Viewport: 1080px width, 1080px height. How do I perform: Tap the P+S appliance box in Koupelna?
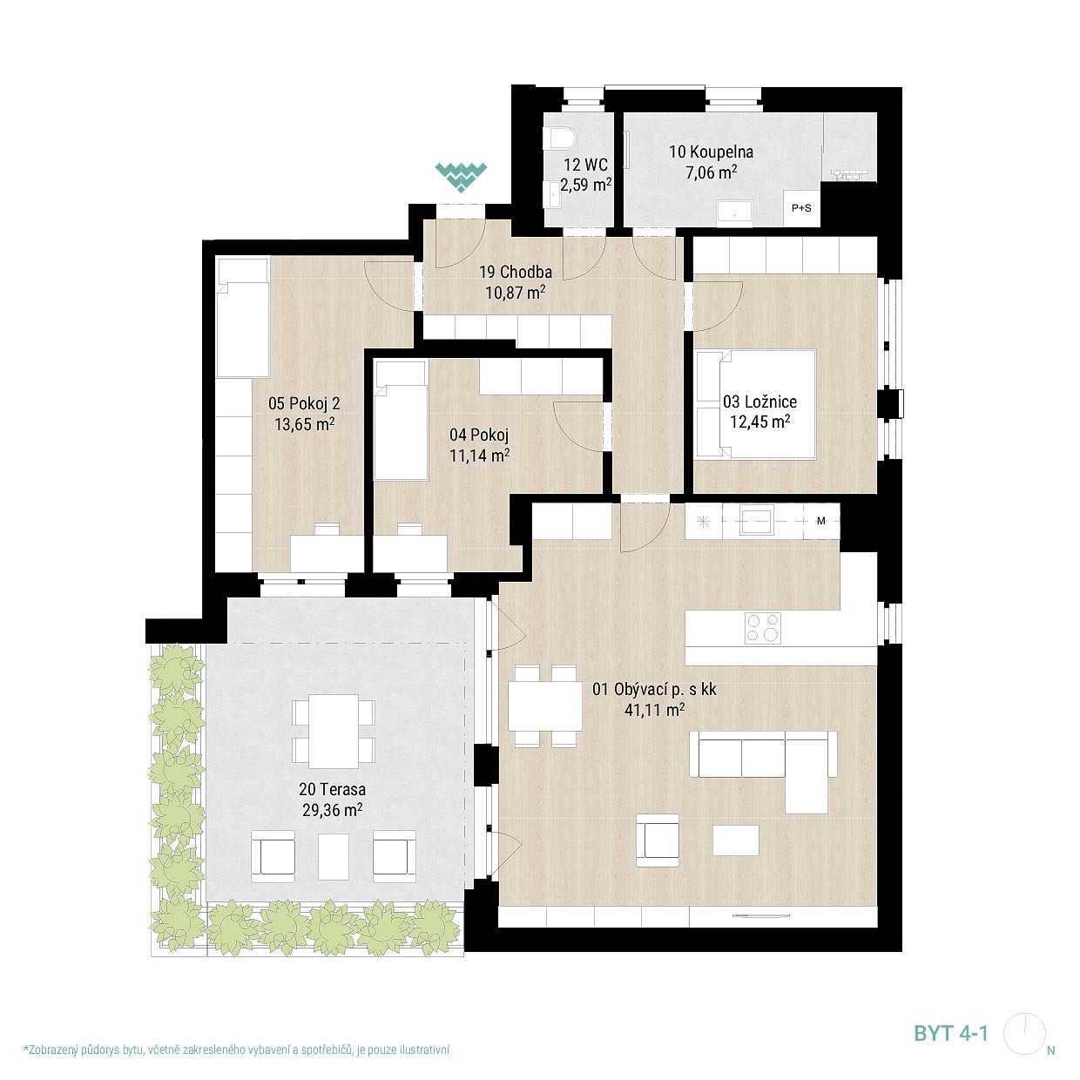coord(801,208)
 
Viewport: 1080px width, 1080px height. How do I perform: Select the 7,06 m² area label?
coord(712,172)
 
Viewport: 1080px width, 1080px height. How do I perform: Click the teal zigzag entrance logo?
coord(461,177)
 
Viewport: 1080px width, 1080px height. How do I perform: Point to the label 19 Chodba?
coord(515,272)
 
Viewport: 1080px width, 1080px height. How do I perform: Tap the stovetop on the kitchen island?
coord(762,627)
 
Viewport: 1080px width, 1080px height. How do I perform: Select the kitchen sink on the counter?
coord(756,520)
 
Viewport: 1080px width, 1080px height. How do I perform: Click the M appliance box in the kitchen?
coord(821,521)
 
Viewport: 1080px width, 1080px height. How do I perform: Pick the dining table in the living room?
coord(544,705)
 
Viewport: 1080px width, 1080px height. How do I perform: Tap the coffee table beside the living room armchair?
coord(736,840)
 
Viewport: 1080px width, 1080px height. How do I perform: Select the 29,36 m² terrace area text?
coord(333,810)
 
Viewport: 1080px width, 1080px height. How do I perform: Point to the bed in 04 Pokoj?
coord(400,421)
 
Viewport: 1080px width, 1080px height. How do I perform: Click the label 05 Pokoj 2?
coord(304,403)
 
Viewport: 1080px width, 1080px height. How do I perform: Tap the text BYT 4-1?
coord(951,1033)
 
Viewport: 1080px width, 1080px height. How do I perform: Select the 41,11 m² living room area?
coord(654,710)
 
